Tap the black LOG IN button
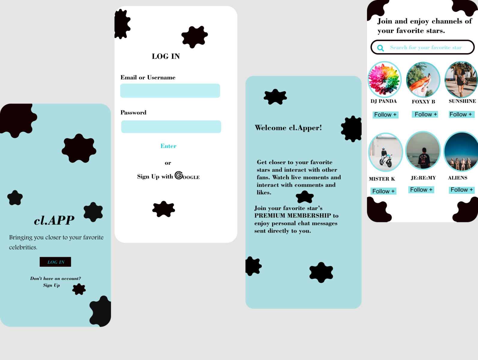[56, 262]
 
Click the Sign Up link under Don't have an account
[51, 285]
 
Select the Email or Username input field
[170, 91]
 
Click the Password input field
[171, 127]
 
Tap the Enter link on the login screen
[168, 146]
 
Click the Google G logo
[179, 175]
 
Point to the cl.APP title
[54, 220]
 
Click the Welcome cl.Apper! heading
[288, 128]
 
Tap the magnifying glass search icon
[380, 48]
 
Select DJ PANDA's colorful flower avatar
[384, 79]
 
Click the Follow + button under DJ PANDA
[385, 115]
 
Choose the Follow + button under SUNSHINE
[461, 114]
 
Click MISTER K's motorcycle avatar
[385, 152]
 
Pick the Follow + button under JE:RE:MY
[421, 190]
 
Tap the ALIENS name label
[458, 178]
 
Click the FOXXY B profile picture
[423, 79]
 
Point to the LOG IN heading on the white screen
[166, 56]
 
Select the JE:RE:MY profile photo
[423, 151]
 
